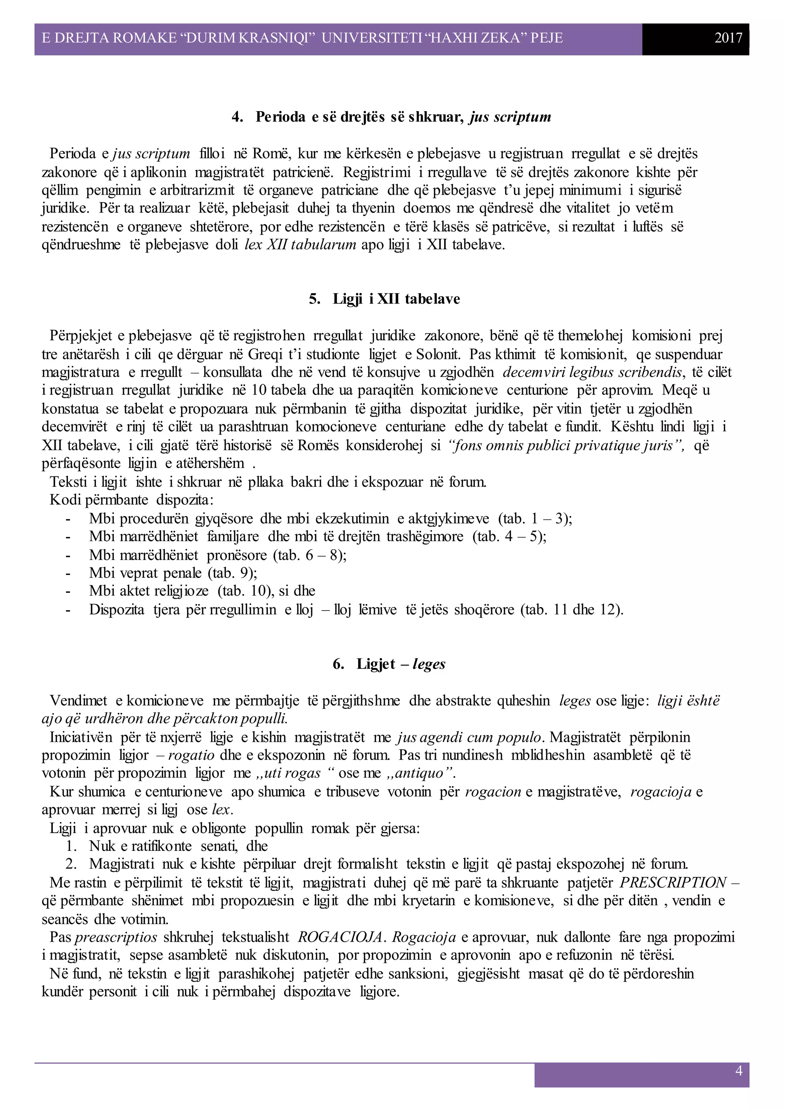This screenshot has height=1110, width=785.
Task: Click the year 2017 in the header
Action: [x=728, y=38]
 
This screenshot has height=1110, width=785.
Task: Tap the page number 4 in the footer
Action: [x=739, y=1071]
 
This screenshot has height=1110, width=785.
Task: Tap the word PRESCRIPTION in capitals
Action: [x=673, y=882]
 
